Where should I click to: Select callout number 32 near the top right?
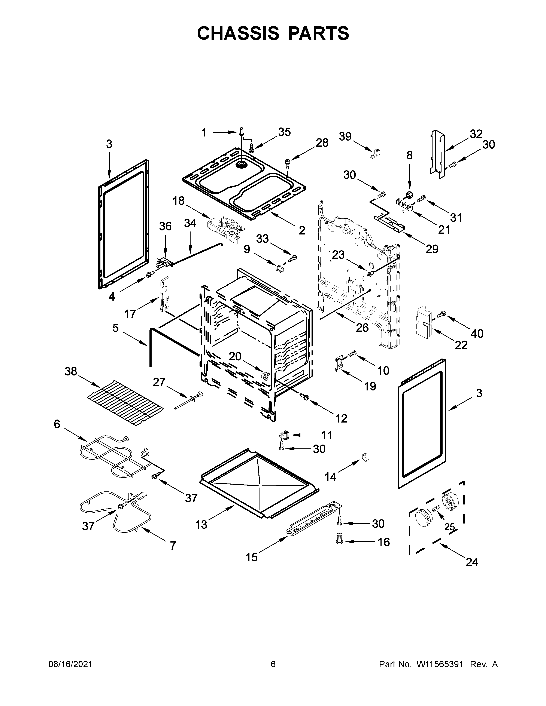(x=476, y=134)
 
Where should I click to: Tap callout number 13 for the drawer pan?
(x=201, y=525)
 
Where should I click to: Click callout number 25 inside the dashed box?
(x=449, y=527)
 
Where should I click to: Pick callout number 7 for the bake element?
(x=173, y=546)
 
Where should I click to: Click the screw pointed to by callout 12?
(x=304, y=396)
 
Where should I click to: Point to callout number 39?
(x=345, y=136)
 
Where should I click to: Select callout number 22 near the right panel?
(x=461, y=345)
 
